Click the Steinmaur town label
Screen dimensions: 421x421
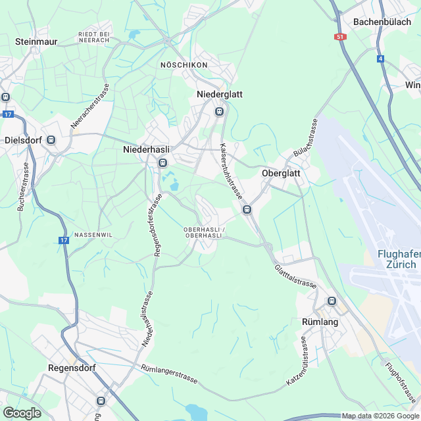(37, 41)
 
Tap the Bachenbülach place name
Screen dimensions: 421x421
(382, 21)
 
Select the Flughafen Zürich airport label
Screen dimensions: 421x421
(397, 259)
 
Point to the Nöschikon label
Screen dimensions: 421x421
(184, 65)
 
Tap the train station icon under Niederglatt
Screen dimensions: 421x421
(220, 111)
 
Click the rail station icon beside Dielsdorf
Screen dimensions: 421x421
(51, 140)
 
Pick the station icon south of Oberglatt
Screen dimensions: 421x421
(247, 210)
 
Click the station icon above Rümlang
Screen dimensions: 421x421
(332, 301)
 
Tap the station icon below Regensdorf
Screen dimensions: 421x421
(101, 401)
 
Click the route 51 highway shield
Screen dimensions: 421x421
(340, 37)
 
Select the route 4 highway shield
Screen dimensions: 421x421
(380, 59)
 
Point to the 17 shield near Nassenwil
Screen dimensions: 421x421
(63, 241)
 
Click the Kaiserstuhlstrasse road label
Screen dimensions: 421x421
(231, 172)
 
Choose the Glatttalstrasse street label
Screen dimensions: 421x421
(296, 276)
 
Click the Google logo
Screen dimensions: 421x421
(22, 412)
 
